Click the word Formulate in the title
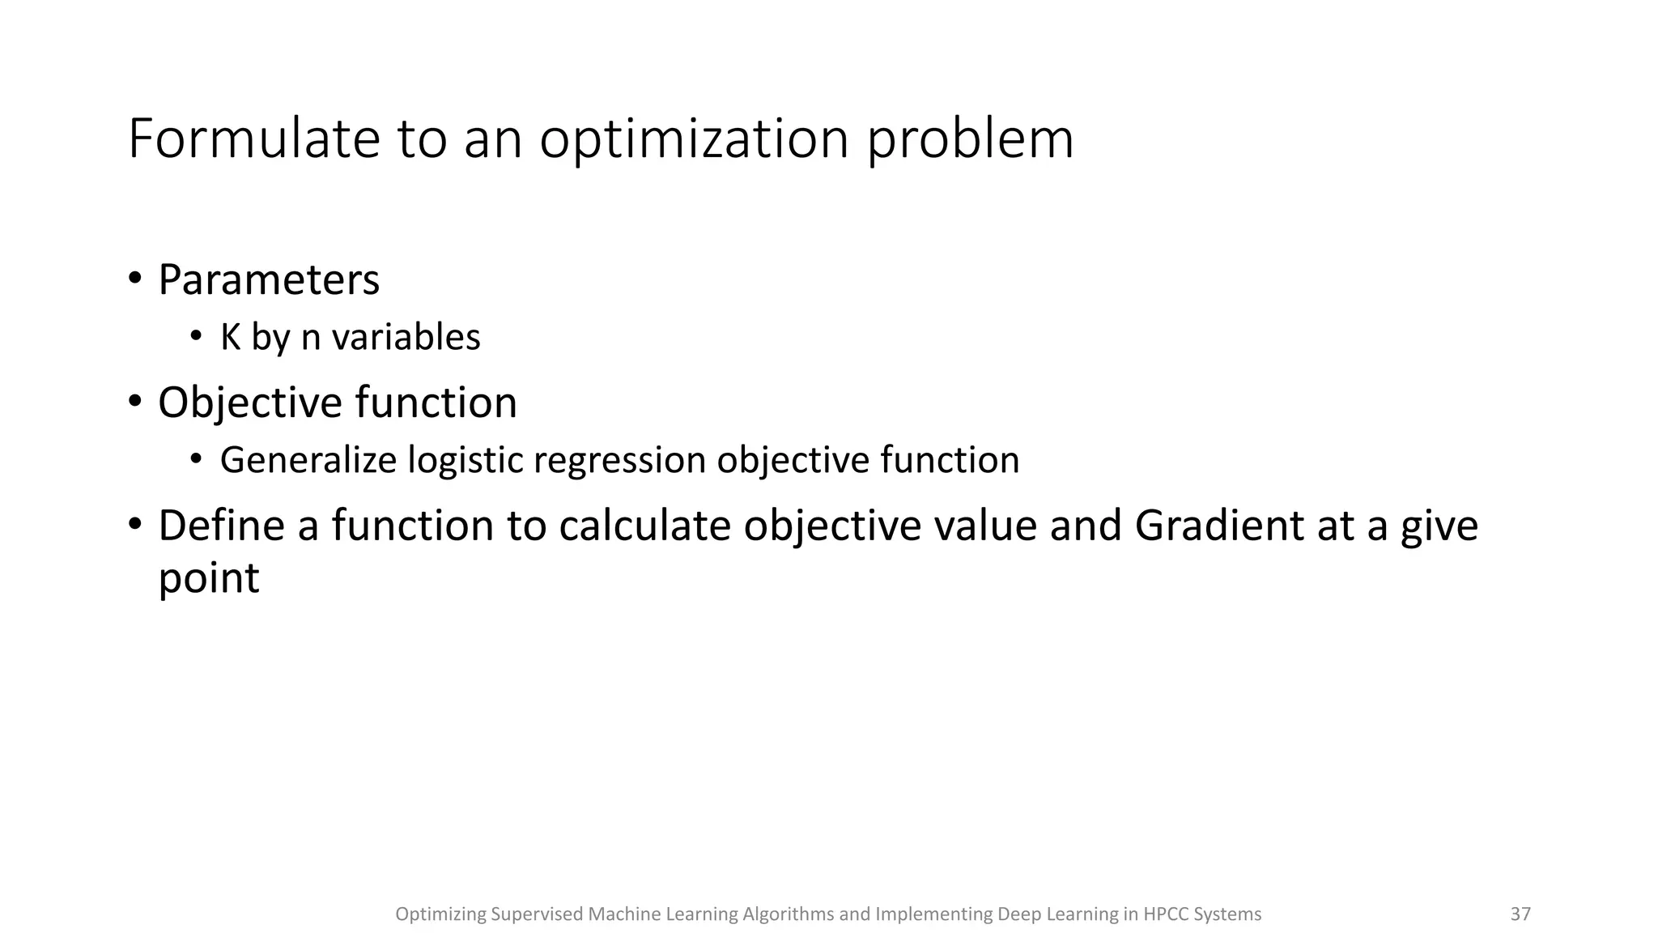[x=253, y=139]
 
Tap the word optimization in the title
[x=694, y=139]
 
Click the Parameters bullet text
[x=268, y=280]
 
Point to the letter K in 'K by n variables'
[x=230, y=337]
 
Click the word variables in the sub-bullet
[x=406, y=337]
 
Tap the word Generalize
[x=308, y=460]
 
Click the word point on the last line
[x=208, y=578]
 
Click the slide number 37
[x=1520, y=914]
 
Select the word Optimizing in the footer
[x=440, y=914]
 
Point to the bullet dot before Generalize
[x=195, y=459]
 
